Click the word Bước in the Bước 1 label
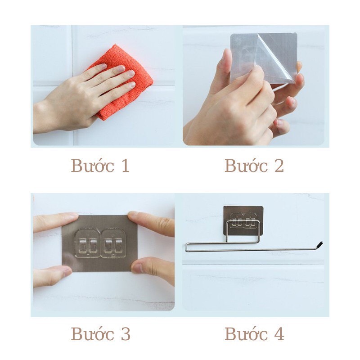click(88, 166)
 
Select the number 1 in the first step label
click(124, 166)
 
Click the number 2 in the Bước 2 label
click(279, 166)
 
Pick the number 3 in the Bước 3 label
click(125, 334)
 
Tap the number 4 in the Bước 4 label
click(279, 334)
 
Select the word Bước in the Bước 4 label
click(242, 334)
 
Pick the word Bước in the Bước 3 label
click(88, 334)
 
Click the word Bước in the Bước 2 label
click(242, 166)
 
